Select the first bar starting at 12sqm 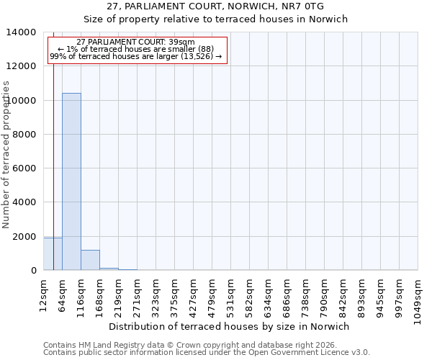53,254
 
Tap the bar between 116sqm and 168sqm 90,261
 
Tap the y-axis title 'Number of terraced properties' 6,154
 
